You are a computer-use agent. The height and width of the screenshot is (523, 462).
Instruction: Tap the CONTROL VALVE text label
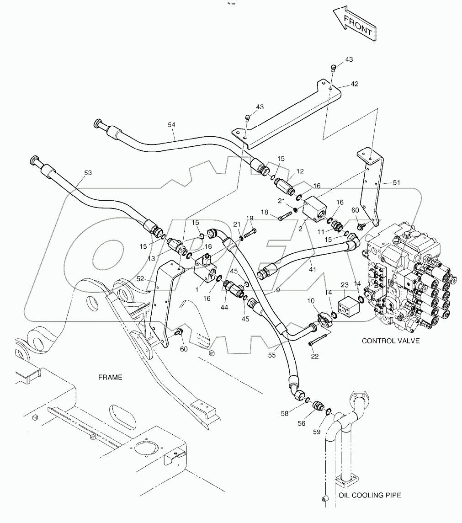390,341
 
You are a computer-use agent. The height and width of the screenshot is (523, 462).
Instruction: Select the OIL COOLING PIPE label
370,495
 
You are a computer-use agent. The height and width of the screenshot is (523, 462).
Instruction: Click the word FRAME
111,377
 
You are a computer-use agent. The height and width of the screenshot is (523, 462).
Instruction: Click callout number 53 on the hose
88,173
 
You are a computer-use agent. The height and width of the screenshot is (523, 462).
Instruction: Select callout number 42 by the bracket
354,84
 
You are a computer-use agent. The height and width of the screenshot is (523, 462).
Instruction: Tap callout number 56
302,423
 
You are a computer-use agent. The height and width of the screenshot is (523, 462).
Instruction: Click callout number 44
224,308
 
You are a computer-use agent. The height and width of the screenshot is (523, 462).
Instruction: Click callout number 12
300,171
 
